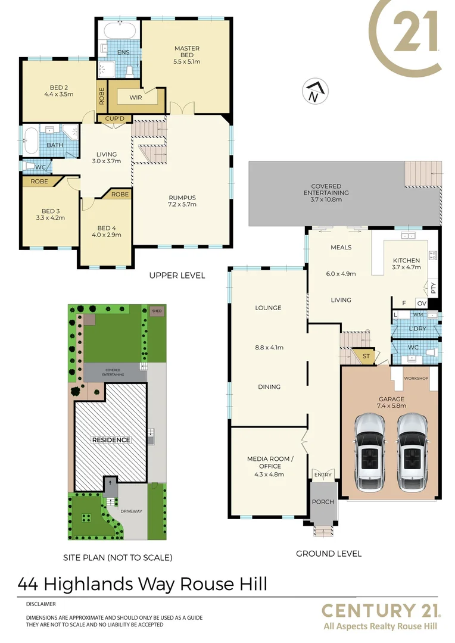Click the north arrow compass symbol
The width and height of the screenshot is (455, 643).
pos(314,92)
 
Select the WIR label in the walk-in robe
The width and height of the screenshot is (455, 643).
pos(135,97)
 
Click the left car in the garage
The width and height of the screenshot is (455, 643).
pos(370,450)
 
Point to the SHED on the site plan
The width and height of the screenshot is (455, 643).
pos(157,311)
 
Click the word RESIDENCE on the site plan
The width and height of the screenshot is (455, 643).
pos(110,440)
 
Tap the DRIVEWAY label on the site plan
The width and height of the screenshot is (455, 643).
pos(132,511)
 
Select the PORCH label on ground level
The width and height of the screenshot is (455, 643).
pos(323,501)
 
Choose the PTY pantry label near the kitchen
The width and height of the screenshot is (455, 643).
pos(434,288)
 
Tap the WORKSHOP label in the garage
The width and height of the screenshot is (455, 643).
pos(416,379)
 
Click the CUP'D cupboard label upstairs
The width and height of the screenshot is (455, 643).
pos(114,118)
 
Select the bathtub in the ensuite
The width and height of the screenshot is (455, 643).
pos(120,30)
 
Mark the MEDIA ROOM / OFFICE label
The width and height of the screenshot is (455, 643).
pos(268,463)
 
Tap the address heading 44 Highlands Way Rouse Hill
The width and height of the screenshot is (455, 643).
pos(142,583)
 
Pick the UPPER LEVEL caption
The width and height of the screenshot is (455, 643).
pos(177,275)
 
